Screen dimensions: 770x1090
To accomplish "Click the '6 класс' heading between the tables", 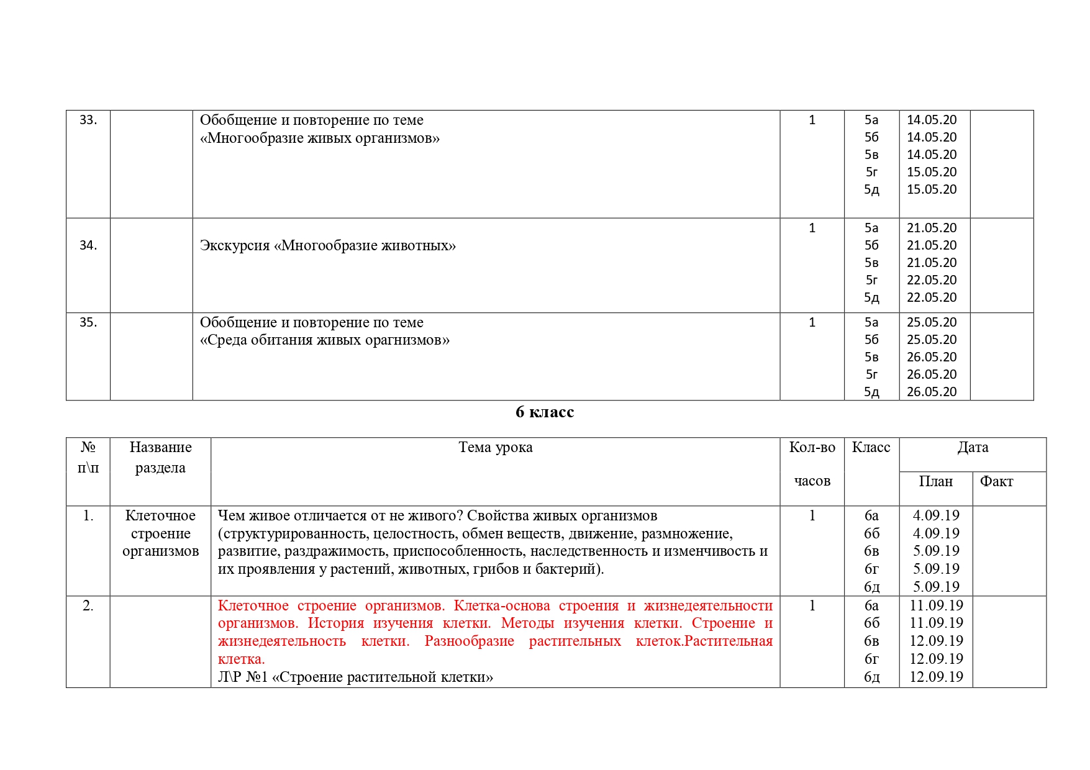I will (544, 412).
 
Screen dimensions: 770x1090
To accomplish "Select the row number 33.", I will (88, 120).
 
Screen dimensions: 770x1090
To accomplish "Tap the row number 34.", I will (88, 245).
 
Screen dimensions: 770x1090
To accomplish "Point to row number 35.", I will (88, 322).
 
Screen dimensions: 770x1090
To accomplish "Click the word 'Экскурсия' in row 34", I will (235, 246).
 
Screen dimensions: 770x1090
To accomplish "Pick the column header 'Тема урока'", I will (495, 448).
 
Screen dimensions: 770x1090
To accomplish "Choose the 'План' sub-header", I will (935, 481).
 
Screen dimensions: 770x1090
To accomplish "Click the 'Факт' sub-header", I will (996, 481).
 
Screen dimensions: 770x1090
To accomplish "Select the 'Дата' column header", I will (973, 448).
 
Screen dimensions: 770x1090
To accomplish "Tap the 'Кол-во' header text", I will (812, 448).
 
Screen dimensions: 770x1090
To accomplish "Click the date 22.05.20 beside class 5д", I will (932, 297).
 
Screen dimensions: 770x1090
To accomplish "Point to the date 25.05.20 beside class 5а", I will (932, 322).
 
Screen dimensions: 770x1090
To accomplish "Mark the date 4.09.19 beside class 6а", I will (936, 515).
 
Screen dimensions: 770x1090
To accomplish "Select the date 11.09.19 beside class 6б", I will (936, 623).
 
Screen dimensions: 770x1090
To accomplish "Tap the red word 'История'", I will (335, 623).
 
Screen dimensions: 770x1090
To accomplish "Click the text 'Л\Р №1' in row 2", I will (242, 677).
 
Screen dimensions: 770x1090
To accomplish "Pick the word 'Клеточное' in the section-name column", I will (160, 516).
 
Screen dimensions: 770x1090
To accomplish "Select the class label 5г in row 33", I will (871, 172).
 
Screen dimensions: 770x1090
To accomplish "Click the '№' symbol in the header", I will (88, 448).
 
